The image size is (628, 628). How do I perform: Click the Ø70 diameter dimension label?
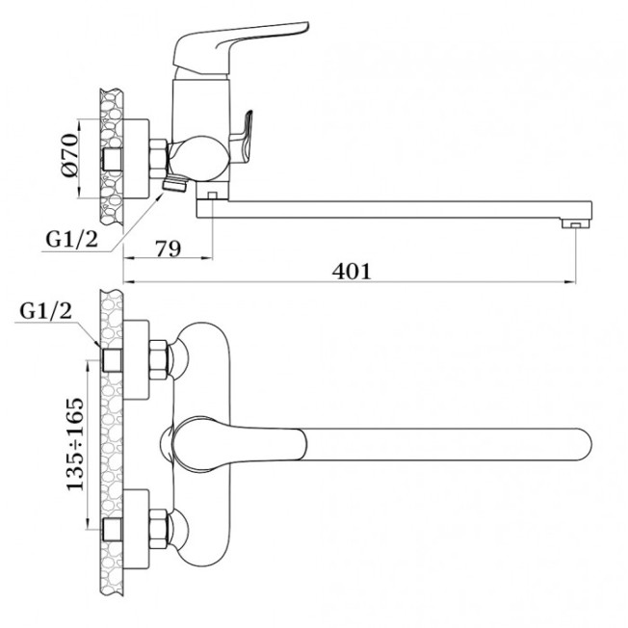coord(70,155)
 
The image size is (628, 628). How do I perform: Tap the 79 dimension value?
coord(169,249)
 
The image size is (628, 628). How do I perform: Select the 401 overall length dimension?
coord(352,272)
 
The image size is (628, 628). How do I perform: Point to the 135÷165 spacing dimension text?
coord(76,444)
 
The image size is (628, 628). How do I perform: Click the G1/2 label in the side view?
coord(71,240)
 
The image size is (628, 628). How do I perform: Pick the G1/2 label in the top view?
coord(46,311)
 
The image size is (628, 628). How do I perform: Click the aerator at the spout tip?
coord(576,223)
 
